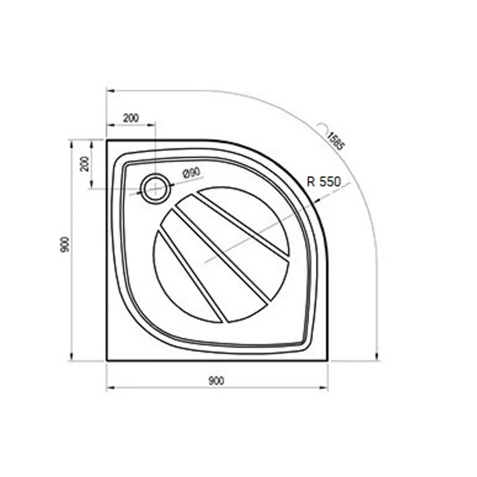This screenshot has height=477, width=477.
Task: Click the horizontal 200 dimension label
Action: click(131, 118)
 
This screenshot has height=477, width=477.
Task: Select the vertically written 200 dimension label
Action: click(85, 164)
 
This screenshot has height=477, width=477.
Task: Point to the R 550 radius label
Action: click(323, 182)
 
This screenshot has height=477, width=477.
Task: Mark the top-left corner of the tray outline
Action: click(107, 140)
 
